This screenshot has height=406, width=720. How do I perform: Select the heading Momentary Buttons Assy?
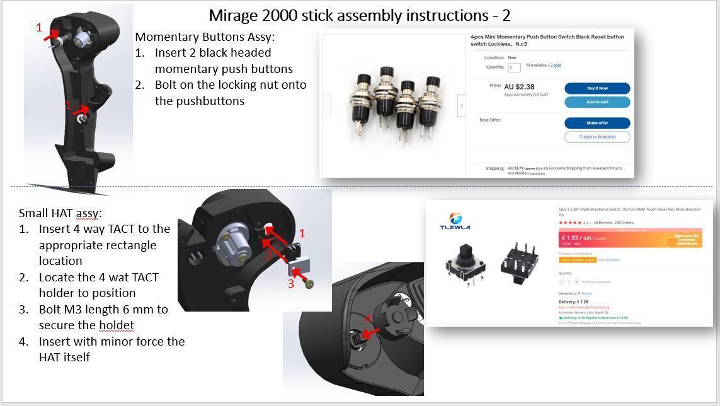coord(205,37)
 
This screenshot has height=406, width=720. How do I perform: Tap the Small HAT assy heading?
coord(60,213)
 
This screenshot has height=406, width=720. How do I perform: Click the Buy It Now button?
coord(597,88)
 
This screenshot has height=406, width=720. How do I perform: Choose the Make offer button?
coord(597,123)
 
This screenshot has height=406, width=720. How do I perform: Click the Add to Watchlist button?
coord(597,137)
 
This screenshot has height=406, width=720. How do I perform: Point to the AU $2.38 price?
coord(519,87)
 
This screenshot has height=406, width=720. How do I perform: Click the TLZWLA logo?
coord(455,222)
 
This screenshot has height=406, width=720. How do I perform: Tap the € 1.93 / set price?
coord(577,238)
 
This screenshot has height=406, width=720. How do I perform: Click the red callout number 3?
coord(291,284)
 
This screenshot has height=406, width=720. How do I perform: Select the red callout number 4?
coord(368,319)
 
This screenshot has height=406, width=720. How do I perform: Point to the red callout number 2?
coord(268,255)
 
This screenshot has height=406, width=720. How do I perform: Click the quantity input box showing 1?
coord(514,67)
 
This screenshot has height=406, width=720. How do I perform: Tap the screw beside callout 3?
coord(309,285)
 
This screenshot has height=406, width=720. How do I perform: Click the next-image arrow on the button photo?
coord(461,106)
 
